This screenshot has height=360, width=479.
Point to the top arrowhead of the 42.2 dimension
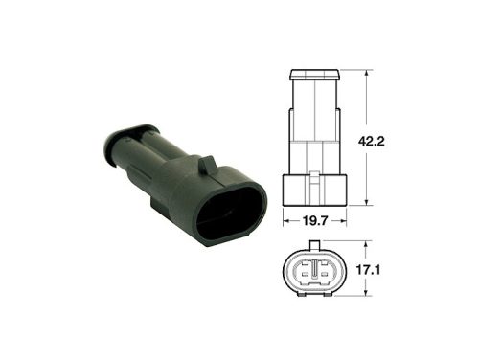point(368,73)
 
